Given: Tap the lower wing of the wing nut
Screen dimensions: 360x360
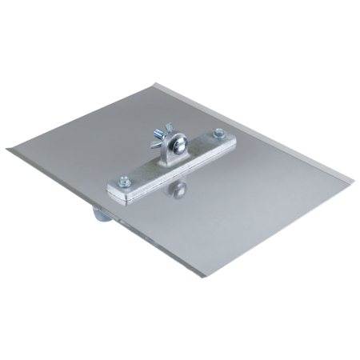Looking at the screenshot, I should coord(163,149).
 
